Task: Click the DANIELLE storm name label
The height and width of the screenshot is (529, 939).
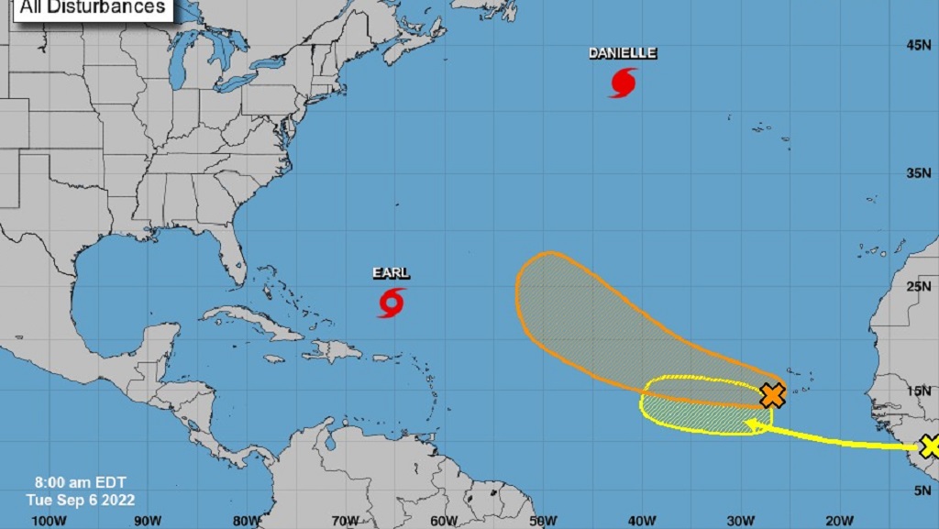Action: click(623, 53)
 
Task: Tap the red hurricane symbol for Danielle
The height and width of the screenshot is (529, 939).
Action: click(623, 83)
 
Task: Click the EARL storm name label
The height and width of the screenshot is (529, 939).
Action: click(392, 273)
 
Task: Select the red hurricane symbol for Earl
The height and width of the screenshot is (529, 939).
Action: click(392, 303)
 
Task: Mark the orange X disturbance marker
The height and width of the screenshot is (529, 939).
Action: click(773, 395)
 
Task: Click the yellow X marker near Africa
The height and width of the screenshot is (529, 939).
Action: click(930, 446)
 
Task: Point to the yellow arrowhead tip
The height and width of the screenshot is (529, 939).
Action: click(746, 424)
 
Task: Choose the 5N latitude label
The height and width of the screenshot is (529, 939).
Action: click(921, 491)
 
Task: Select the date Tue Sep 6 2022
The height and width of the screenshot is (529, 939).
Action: click(80, 500)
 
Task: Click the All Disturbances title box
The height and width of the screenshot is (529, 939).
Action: click(92, 8)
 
